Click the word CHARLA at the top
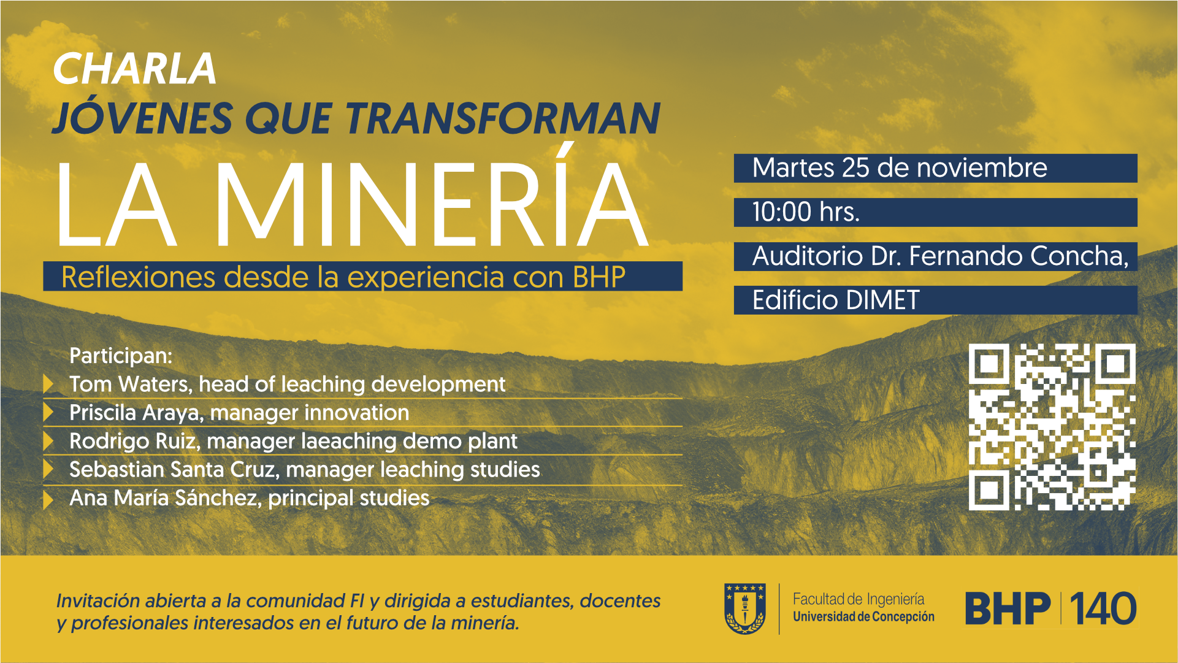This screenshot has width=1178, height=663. pyautogui.click(x=135, y=68)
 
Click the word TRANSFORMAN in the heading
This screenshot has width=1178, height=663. pyautogui.click(x=503, y=118)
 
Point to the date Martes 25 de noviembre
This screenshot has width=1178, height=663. pyautogui.click(x=900, y=168)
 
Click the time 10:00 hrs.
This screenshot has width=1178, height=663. pyautogui.click(x=806, y=212)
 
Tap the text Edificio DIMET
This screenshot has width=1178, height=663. pyautogui.click(x=836, y=301)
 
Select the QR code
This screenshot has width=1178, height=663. pyautogui.click(x=1052, y=427)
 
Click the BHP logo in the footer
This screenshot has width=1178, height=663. pyautogui.click(x=1008, y=608)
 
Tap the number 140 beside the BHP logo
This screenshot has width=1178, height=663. pyautogui.click(x=1103, y=608)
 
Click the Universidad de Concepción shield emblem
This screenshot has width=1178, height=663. pyautogui.click(x=745, y=608)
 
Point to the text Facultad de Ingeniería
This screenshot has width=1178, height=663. pyautogui.click(x=859, y=599)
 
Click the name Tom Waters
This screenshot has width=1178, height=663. pyautogui.click(x=131, y=385)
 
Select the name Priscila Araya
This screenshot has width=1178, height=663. pyautogui.click(x=136, y=413)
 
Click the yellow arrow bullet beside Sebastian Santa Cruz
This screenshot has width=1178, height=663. pyautogui.click(x=48, y=469)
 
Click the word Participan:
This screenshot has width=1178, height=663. pyautogui.click(x=121, y=356)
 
